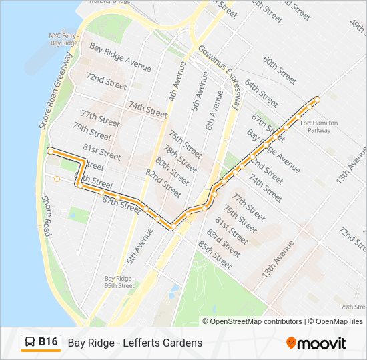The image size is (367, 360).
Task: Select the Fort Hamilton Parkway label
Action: coord(319,127)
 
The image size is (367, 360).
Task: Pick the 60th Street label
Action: coord(280,70)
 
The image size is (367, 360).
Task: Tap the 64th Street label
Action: coord(261,93)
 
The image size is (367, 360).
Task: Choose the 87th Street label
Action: coord(120,201)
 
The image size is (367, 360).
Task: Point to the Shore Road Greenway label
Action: coord(55,91)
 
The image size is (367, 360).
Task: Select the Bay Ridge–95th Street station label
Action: coord(119,282)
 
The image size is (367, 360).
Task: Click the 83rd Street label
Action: coord(223,243)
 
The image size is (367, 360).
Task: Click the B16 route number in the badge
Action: coord(49,342)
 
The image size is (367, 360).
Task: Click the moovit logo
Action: coord(316,343)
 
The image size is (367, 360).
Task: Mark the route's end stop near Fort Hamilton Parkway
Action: coord(316,100)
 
